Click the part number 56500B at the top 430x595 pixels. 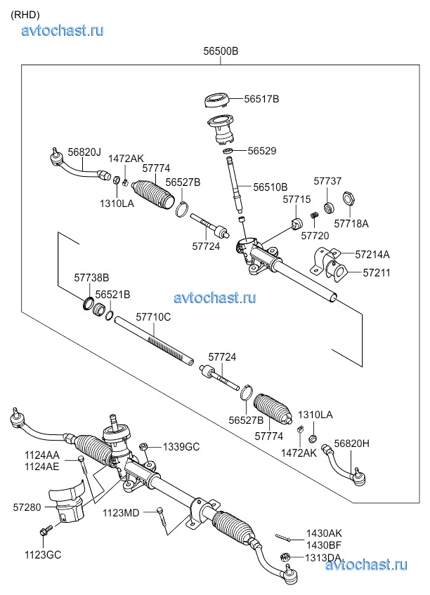[x=220, y=51]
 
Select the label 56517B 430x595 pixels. [x=261, y=100]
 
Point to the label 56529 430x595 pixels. [x=261, y=151]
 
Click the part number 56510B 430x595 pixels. [x=270, y=187]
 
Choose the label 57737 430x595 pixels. [x=327, y=181]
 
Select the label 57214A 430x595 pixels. [x=372, y=254]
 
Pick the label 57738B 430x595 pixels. [x=91, y=279]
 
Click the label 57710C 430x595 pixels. [x=152, y=317]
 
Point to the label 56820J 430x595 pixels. [x=84, y=152]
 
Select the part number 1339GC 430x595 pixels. [x=181, y=446]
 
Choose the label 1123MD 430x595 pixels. [x=121, y=512]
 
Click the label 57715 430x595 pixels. [x=297, y=200]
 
